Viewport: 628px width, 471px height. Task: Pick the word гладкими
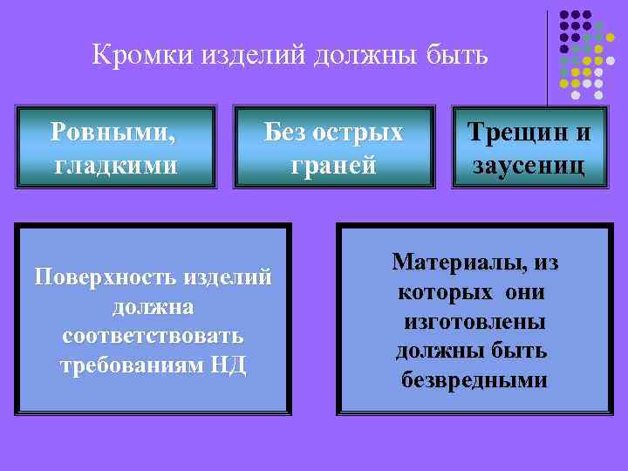pyautogui.click(x=115, y=163)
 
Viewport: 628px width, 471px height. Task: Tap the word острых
pyautogui.click(x=358, y=133)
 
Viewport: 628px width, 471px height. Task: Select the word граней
pyautogui.click(x=333, y=164)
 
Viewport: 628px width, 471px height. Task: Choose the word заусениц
pyautogui.click(x=529, y=163)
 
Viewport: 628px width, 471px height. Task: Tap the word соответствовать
pyautogui.click(x=154, y=336)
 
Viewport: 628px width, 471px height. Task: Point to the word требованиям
pyautogui.click(x=131, y=365)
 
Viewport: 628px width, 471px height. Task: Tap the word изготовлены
pyautogui.click(x=474, y=322)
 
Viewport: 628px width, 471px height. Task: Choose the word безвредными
pyautogui.click(x=474, y=380)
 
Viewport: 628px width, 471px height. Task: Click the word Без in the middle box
pyautogui.click(x=284, y=133)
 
